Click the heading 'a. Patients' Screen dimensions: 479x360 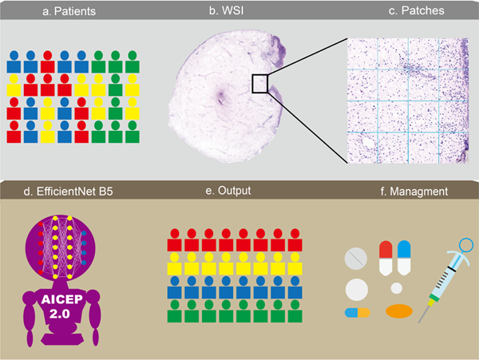pyautogui.click(x=69, y=11)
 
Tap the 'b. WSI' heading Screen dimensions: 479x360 pyautogui.click(x=227, y=10)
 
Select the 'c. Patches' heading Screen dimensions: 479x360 pyautogui.click(x=417, y=10)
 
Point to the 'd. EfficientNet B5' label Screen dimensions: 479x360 pyautogui.click(x=68, y=192)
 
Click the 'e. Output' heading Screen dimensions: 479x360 pyautogui.click(x=228, y=191)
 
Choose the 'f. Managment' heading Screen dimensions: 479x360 pyautogui.click(x=414, y=192)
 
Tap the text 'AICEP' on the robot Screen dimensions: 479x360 pyautogui.click(x=62, y=299)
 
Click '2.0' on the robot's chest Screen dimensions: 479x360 pyautogui.click(x=60, y=314)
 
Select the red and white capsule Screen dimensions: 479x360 pyautogui.click(x=386, y=258)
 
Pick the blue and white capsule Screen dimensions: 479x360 pyautogui.click(x=404, y=258)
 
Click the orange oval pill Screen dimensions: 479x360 pyautogui.click(x=399, y=311)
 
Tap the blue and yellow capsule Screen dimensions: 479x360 pyautogui.click(x=358, y=313)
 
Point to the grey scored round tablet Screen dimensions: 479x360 pyautogui.click(x=356, y=259)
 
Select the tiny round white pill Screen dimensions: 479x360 pyautogui.click(x=397, y=288)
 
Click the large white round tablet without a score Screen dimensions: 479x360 pyautogui.click(x=357, y=290)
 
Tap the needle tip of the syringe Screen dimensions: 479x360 pyautogui.click(x=419, y=322)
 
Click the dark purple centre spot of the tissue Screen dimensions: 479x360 pyautogui.click(x=220, y=95)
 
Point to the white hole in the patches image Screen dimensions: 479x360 pyautogui.click(x=367, y=143)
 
